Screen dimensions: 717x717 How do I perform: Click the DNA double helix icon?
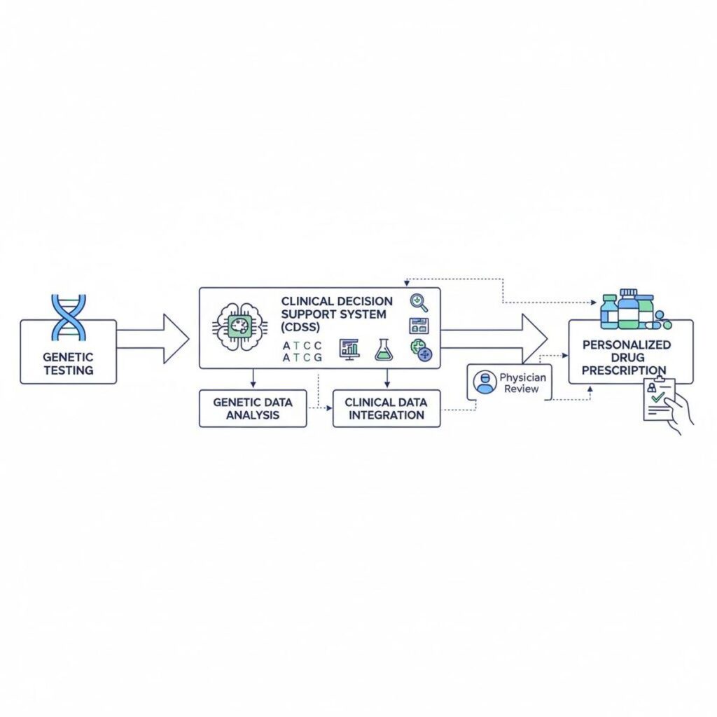pyautogui.click(x=69, y=317)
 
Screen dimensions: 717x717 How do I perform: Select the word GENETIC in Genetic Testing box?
pyautogui.click(x=68, y=357)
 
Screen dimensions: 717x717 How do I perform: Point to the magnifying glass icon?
pyautogui.click(x=419, y=302)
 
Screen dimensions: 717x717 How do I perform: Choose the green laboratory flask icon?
pyautogui.click(x=383, y=349)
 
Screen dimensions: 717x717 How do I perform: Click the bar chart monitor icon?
pyautogui.click(x=348, y=349)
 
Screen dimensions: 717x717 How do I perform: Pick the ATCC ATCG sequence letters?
pyautogui.click(x=302, y=351)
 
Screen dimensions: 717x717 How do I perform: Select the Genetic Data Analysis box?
pyautogui.click(x=253, y=408)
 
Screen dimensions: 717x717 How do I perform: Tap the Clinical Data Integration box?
pyautogui.click(x=386, y=408)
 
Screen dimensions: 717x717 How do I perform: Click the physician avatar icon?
pyautogui.click(x=485, y=382)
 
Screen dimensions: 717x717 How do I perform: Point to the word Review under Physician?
pyautogui.click(x=522, y=389)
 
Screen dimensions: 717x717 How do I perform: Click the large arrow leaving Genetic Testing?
pyautogui.click(x=153, y=339)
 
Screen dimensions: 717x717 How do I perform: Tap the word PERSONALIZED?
pyautogui.click(x=626, y=344)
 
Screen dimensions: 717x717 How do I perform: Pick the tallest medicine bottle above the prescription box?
pyautogui.click(x=629, y=308)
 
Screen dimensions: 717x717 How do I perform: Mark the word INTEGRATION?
pyautogui.click(x=386, y=415)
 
